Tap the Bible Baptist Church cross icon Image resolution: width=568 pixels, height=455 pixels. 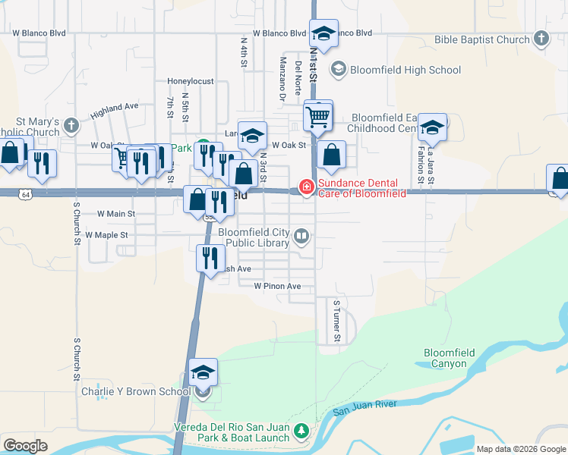coord(541,39)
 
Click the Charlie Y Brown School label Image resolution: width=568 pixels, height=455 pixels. coord(136,392)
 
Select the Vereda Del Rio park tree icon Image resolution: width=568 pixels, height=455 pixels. coord(301,431)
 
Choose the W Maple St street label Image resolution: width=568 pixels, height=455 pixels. coord(110,235)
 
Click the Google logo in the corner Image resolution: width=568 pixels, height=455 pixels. coord(25,445)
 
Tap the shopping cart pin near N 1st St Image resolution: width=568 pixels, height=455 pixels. coord(318,117)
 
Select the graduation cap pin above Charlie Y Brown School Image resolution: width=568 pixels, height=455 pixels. coord(203,372)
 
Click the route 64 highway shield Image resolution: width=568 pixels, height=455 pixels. coord(26,195)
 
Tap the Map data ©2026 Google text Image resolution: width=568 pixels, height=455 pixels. coord(521,449)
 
